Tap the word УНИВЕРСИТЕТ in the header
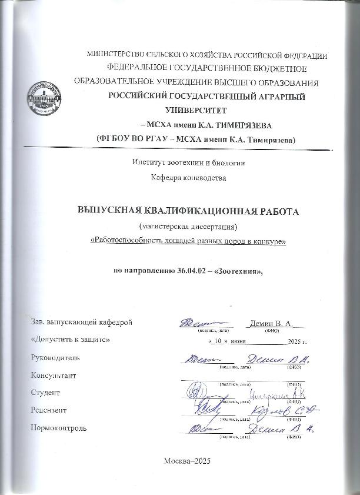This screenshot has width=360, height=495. tap(197, 109)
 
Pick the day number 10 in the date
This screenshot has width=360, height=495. tap(218, 341)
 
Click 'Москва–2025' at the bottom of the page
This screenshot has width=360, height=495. tap(181, 461)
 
